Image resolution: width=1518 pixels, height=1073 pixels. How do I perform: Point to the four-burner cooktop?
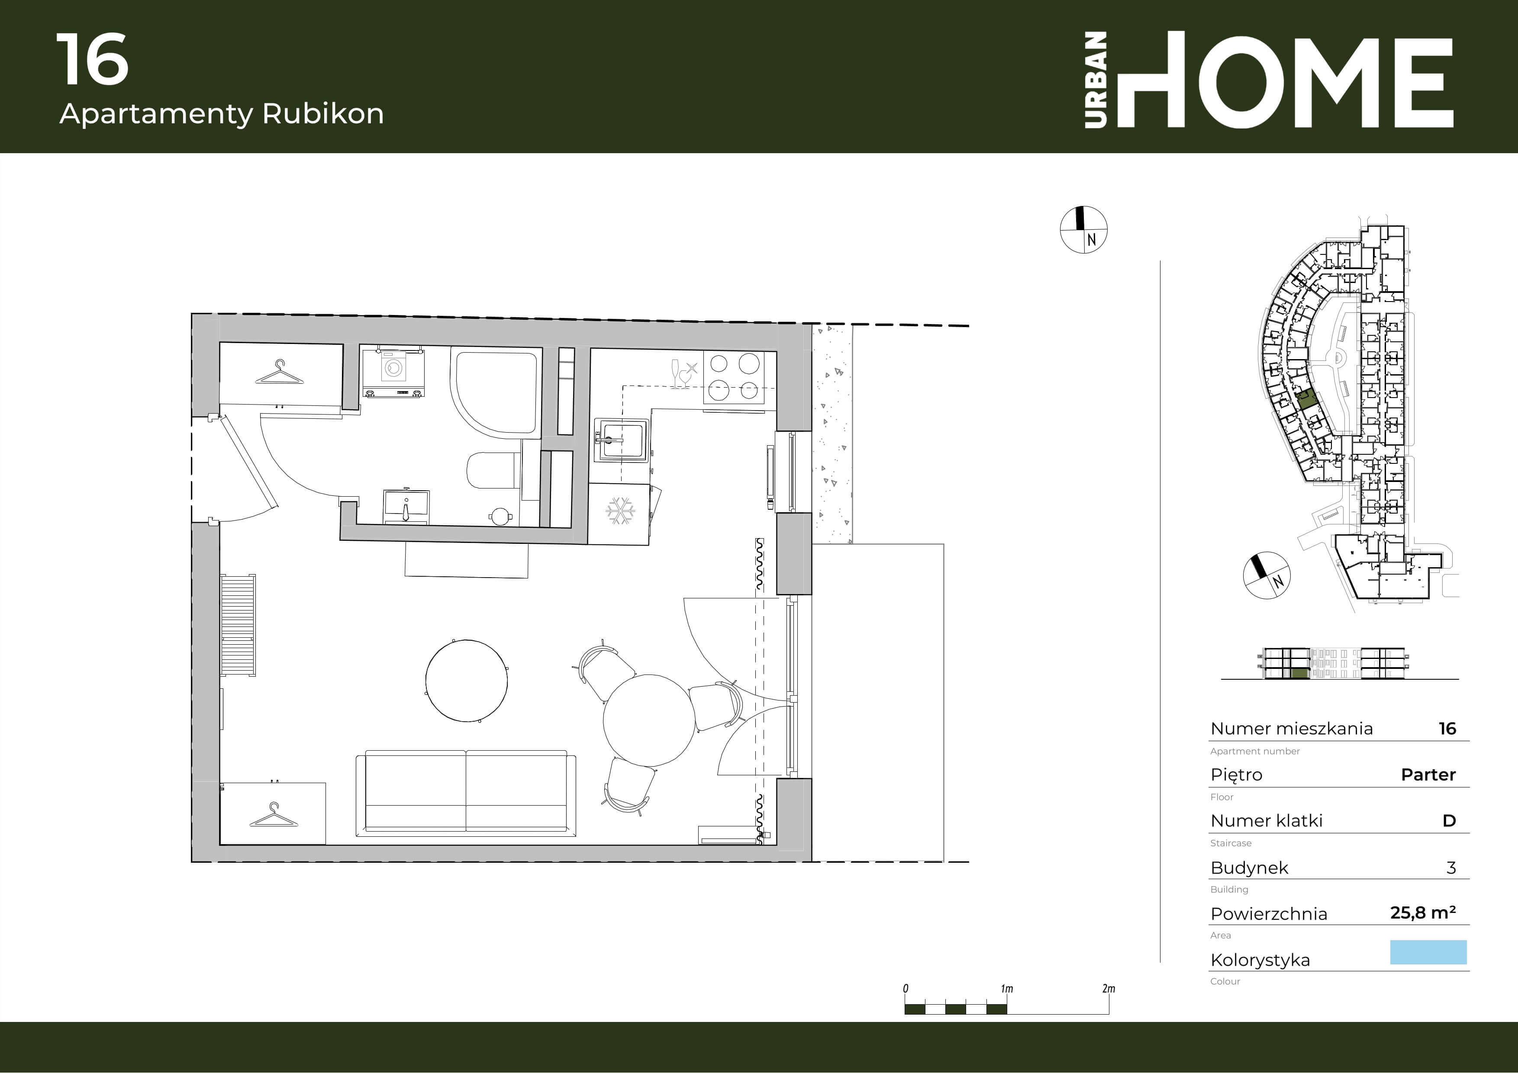[734, 376]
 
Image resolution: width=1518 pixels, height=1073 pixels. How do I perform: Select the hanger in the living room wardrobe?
[274, 815]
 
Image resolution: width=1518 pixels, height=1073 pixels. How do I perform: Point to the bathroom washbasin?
[406, 507]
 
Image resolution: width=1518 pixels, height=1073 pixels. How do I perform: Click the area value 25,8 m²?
[1423, 912]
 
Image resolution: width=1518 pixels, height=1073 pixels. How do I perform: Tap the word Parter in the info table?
[1428, 774]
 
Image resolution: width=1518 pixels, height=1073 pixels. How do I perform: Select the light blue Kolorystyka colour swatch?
[1428, 952]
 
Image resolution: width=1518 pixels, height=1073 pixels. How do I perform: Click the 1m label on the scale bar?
[1006, 989]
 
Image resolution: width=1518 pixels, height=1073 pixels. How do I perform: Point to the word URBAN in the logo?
[1096, 80]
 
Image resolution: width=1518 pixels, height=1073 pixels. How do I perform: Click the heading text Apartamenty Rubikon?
[222, 114]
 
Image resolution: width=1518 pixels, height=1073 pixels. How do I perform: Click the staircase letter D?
[1449, 821]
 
